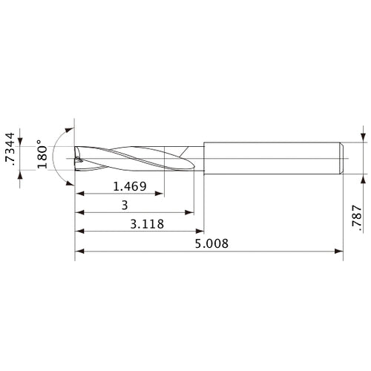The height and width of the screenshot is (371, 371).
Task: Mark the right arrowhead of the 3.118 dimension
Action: click(x=200, y=232)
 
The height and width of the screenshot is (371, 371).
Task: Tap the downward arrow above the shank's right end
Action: click(x=362, y=137)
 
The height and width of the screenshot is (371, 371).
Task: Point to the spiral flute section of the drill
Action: click(x=126, y=157)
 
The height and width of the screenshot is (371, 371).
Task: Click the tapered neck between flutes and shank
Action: click(x=195, y=157)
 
